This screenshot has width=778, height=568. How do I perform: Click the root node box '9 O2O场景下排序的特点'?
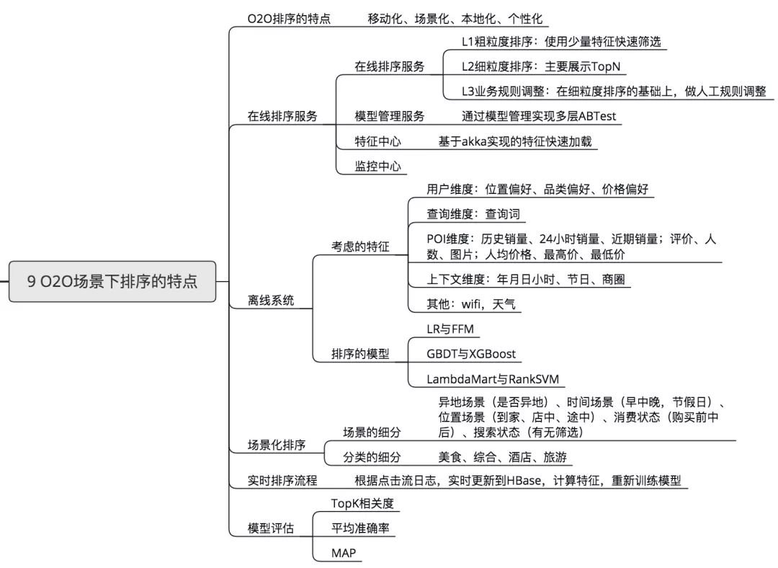(x=112, y=281)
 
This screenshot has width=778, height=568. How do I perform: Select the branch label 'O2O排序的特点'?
(x=289, y=19)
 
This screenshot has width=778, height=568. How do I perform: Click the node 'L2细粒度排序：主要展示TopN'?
(x=541, y=66)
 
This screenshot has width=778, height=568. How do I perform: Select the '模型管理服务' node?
(x=389, y=115)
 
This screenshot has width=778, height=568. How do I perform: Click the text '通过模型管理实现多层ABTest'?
(x=539, y=115)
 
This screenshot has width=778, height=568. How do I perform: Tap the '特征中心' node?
(x=377, y=141)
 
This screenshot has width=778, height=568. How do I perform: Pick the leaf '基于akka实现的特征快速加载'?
(x=514, y=141)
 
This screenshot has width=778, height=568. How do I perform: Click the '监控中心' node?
(x=377, y=167)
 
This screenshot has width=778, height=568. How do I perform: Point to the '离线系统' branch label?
(x=271, y=301)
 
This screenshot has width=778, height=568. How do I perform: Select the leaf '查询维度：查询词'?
(x=472, y=214)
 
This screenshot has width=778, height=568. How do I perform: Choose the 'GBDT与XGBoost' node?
(x=471, y=354)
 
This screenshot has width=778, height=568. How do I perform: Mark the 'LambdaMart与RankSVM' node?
(x=493, y=379)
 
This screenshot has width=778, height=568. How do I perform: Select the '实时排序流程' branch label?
(x=282, y=480)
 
